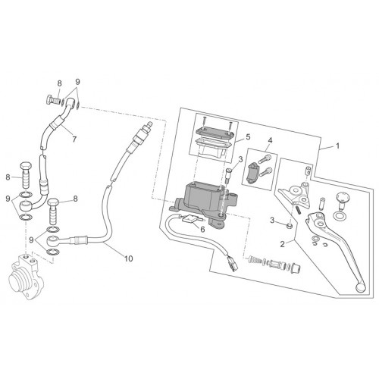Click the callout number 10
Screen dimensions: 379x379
[128, 258]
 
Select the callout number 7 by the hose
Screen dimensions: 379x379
[74, 139]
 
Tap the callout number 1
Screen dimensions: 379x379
[337, 146]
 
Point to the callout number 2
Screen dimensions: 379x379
[282, 244]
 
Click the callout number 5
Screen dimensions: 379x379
[248, 137]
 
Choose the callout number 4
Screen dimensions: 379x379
[270, 139]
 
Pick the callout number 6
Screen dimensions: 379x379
[202, 229]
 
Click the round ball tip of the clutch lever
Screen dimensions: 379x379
[360, 287]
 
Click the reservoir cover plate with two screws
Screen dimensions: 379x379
[214, 131]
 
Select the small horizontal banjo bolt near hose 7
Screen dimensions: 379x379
[55, 101]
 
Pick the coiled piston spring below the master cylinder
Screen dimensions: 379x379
[255, 260]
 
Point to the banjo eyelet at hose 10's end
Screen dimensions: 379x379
[53, 240]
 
